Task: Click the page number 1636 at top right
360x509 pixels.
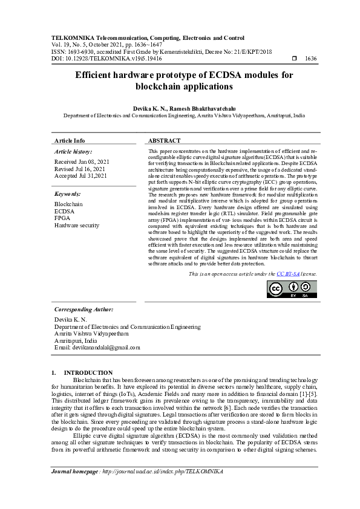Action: pos(311,59)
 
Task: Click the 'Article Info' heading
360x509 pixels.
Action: pos(70,140)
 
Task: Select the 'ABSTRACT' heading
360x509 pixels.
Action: pos(164,140)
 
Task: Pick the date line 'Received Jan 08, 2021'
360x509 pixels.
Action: pos(82,162)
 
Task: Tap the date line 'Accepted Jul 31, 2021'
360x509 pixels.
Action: pos(81,175)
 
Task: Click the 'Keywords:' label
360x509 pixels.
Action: pos(67,194)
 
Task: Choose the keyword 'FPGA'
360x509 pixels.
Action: pos(62,218)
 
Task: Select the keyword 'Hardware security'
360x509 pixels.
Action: pos(76,225)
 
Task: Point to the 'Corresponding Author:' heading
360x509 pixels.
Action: pos(83,309)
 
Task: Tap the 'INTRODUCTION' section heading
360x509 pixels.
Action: pos(88,372)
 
